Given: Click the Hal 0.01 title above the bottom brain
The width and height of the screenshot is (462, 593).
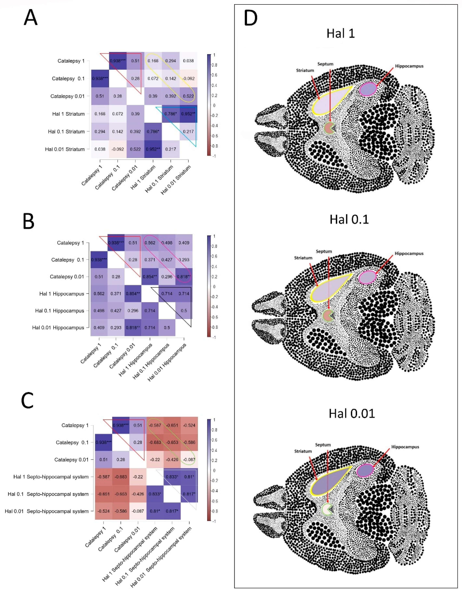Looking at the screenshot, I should coord(352,414).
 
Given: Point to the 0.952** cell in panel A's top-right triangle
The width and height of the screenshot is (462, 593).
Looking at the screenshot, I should coord(188,114).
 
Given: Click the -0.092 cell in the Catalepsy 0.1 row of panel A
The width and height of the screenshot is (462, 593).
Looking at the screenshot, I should coord(188,78).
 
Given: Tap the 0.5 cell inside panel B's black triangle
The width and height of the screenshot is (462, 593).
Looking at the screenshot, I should coord(184,311).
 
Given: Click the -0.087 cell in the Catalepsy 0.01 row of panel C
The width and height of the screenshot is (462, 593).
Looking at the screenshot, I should coord(189,460).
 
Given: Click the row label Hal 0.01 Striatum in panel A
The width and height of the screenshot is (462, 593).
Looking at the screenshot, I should coord(65,149).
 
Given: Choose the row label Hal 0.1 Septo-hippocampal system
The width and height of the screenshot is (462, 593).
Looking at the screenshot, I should coord(48,494).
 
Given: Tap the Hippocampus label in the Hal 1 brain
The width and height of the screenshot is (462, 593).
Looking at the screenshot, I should coord(409,66).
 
